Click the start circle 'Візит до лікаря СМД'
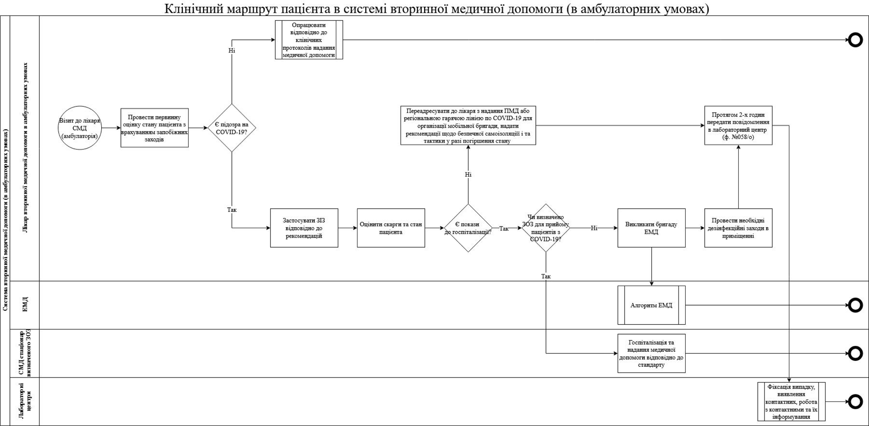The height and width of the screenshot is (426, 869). (x=80, y=128)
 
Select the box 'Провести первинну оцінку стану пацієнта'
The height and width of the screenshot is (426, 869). (x=154, y=128)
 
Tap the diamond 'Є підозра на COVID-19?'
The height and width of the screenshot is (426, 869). (x=232, y=128)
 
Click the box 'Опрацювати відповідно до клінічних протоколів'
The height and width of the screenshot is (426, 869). (x=309, y=40)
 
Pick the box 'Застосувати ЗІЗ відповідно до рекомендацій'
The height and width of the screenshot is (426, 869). (x=304, y=228)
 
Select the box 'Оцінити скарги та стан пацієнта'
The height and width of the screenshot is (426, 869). (x=391, y=228)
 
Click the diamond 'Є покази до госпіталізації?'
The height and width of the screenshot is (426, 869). (x=468, y=228)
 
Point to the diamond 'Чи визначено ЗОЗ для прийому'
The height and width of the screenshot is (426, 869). (x=546, y=228)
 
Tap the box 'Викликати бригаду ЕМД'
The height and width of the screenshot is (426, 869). (x=651, y=228)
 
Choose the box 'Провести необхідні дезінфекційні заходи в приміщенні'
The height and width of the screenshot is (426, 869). (x=738, y=228)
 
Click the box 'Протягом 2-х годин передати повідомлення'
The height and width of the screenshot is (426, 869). (x=738, y=125)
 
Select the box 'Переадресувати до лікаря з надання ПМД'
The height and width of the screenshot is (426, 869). (x=468, y=125)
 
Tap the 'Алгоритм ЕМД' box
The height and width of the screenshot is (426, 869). (x=651, y=305)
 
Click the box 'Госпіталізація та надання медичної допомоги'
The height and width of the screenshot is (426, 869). (x=651, y=354)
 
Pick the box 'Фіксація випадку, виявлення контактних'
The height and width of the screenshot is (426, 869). (x=792, y=402)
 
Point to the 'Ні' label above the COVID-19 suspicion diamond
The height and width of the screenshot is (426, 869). (x=232, y=51)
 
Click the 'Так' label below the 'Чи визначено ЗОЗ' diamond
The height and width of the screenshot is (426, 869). (x=546, y=276)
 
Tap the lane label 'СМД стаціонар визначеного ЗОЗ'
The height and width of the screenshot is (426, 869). (x=25, y=354)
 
